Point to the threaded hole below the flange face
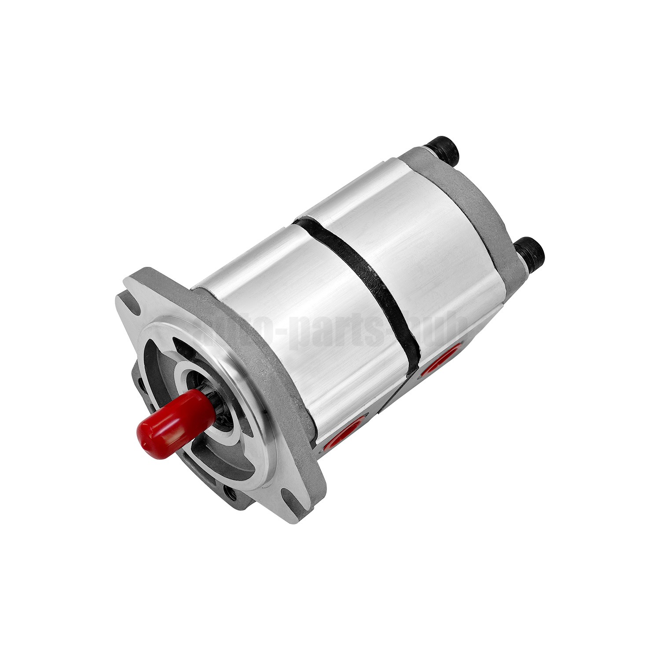(231, 491)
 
